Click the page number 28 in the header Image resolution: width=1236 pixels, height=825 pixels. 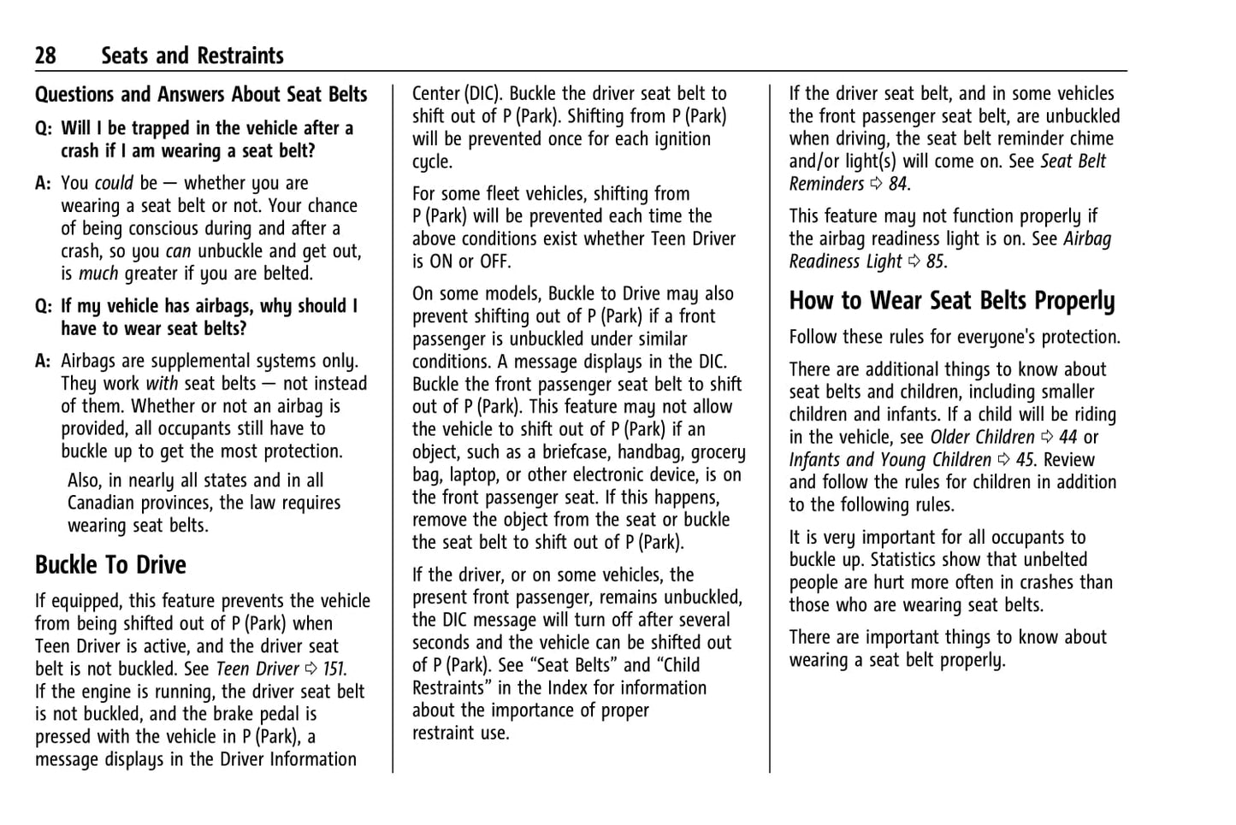click(x=45, y=56)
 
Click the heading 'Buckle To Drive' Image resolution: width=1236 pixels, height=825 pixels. click(x=110, y=565)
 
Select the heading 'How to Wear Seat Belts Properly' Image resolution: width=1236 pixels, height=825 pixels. click(x=952, y=301)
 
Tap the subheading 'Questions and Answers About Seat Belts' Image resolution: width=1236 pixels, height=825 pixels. click(x=201, y=95)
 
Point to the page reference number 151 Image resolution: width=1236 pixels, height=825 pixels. click(x=334, y=669)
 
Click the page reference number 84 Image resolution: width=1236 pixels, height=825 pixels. click(x=897, y=184)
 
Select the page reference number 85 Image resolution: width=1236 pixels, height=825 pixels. click(x=935, y=262)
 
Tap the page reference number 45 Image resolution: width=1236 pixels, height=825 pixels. click(x=1025, y=460)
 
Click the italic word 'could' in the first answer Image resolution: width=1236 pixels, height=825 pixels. click(x=114, y=183)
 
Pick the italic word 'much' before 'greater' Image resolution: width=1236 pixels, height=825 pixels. click(x=98, y=274)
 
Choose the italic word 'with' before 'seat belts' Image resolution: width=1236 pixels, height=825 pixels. click(x=162, y=384)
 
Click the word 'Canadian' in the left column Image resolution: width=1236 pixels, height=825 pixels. click(x=101, y=504)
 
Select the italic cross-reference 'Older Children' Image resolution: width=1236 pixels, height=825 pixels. click(x=982, y=437)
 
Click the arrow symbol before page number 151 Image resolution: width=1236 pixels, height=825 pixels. click(x=310, y=669)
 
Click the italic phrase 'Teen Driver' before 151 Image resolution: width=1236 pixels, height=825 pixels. click(x=257, y=669)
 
